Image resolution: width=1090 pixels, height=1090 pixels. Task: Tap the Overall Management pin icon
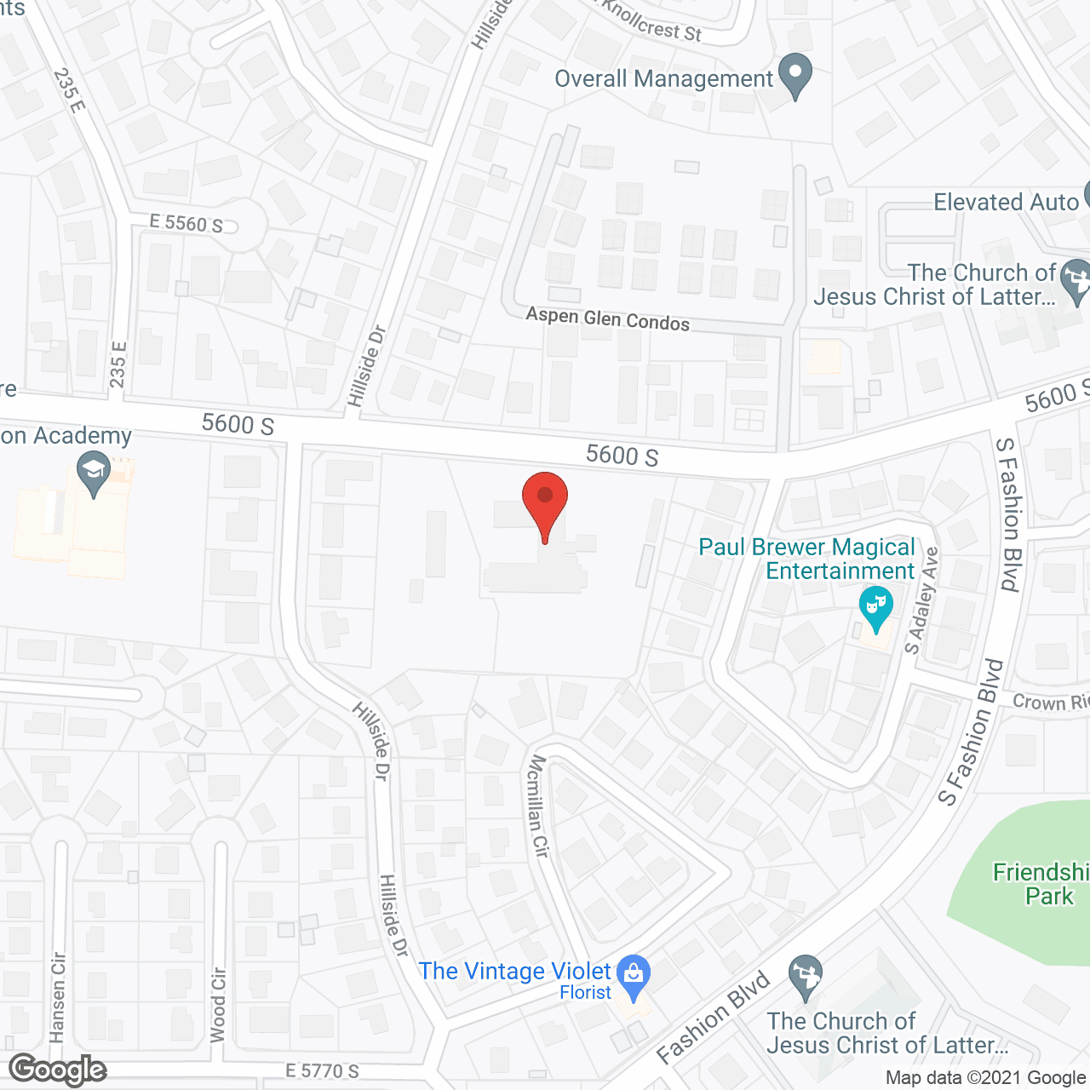tap(795, 75)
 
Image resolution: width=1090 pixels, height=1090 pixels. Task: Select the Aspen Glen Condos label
tap(607, 318)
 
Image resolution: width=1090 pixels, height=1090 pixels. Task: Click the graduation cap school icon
tap(94, 473)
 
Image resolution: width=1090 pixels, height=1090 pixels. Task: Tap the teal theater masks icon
tap(875, 607)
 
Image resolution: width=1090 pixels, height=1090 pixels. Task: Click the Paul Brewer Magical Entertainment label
tap(806, 559)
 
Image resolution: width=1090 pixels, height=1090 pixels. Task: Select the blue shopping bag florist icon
tap(633, 977)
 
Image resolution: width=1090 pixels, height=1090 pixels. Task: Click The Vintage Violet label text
tap(514, 972)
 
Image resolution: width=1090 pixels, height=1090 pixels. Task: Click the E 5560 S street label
tap(186, 223)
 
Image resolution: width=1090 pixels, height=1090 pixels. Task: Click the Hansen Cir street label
tap(58, 997)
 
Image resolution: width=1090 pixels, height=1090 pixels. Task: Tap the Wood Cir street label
tap(219, 1005)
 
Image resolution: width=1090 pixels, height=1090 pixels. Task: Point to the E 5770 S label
tap(322, 1070)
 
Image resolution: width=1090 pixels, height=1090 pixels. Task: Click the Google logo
tap(58, 1070)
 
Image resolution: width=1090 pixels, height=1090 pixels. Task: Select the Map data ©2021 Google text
tap(985, 1078)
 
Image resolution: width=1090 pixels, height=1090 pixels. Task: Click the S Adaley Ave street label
tap(922, 600)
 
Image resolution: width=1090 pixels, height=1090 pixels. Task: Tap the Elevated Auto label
tap(1006, 203)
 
